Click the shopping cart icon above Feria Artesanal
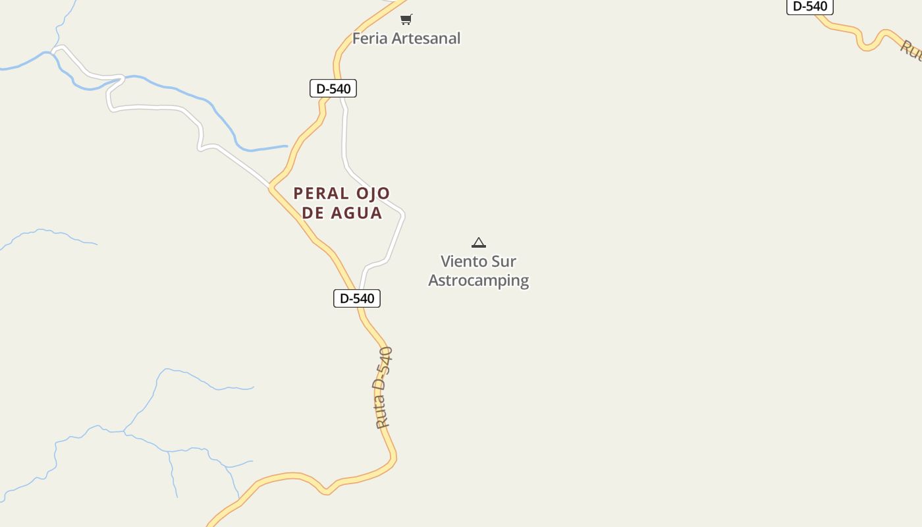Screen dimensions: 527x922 click(406, 20)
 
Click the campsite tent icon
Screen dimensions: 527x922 click(479, 243)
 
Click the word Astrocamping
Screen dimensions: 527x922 click(479, 281)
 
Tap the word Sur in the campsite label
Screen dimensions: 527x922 click(506, 262)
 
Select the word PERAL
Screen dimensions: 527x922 click(321, 194)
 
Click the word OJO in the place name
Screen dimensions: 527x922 click(373, 194)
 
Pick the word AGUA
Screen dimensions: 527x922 click(358, 213)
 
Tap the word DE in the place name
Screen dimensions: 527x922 click(313, 213)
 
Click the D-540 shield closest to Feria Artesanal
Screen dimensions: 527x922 click(333, 88)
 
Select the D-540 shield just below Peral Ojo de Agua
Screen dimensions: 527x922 click(357, 298)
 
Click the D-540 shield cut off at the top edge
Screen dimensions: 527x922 click(810, 7)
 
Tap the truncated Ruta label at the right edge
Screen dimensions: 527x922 click(911, 50)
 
